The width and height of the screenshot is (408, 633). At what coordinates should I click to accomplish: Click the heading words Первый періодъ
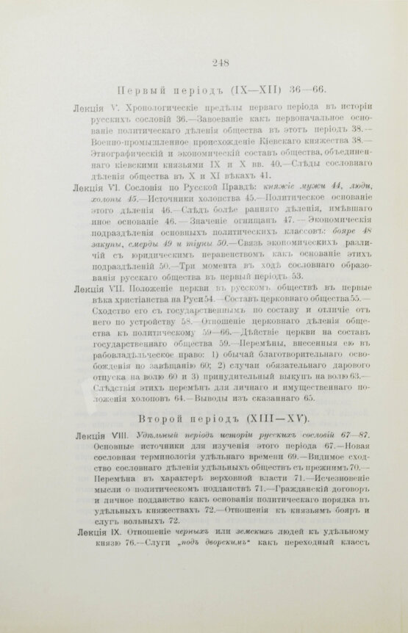pos(162,89)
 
